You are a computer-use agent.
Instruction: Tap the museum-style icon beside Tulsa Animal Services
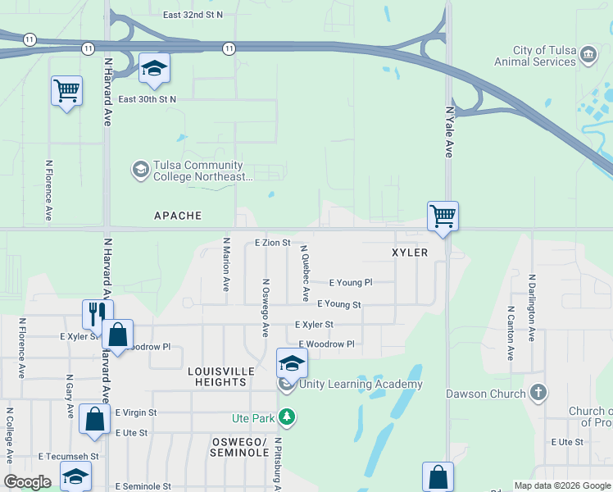click(x=588, y=55)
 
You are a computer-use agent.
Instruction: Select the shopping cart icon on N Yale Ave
click(x=443, y=217)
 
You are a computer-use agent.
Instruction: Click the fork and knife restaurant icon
click(x=96, y=313)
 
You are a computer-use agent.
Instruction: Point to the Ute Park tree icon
click(x=286, y=417)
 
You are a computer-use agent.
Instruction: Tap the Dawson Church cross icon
click(x=538, y=393)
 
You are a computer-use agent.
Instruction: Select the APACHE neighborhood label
click(x=178, y=216)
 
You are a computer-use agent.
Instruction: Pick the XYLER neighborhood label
click(x=410, y=253)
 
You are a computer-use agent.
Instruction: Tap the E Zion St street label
click(x=272, y=243)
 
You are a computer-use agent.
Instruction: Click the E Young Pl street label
click(x=351, y=282)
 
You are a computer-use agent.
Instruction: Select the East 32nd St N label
click(x=193, y=16)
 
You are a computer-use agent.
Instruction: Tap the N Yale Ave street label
click(x=449, y=131)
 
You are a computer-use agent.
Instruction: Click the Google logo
click(x=27, y=482)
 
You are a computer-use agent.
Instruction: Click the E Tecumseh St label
click(x=68, y=456)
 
